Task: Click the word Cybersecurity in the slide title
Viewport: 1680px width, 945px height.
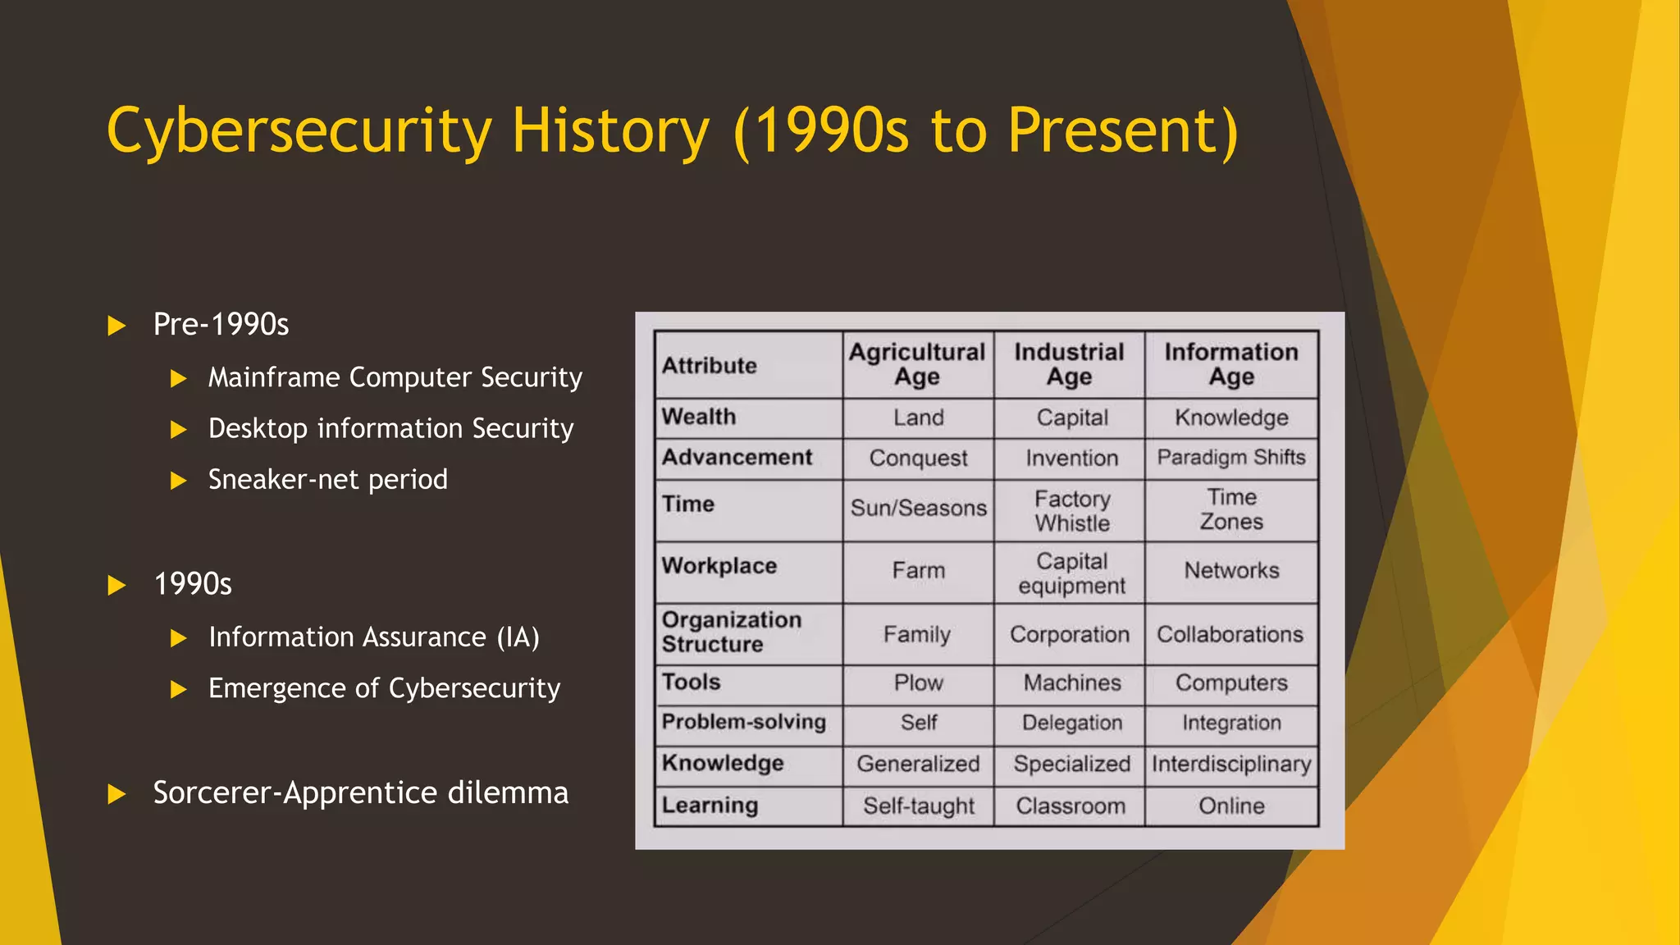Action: tap(299, 131)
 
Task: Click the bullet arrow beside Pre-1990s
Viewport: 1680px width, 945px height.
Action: tap(116, 326)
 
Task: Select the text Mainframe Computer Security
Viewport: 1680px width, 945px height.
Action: tap(395, 377)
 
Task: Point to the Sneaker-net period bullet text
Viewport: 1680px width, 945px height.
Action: tap(327, 479)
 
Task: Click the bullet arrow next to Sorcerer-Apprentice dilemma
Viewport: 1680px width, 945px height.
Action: tap(116, 794)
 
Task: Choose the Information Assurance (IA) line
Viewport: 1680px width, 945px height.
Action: tap(373, 637)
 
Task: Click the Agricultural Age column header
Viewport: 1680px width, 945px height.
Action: tap(917, 364)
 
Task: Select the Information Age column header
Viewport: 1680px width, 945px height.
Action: tap(1230, 364)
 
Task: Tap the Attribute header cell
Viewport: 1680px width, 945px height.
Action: tap(710, 366)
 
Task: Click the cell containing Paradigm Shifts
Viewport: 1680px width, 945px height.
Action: tap(1230, 458)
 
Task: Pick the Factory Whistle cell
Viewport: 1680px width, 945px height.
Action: tap(1071, 510)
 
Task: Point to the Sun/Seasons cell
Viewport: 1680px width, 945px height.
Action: tap(918, 509)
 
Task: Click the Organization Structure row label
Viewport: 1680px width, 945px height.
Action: tap(731, 632)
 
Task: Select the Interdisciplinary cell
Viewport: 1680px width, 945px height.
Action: tap(1230, 765)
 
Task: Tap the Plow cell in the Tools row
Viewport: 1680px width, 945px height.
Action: tap(918, 682)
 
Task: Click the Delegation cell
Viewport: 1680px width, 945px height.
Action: tap(1071, 723)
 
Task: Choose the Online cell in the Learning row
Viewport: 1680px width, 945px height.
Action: tap(1230, 806)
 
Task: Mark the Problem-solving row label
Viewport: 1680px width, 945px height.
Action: tap(743, 722)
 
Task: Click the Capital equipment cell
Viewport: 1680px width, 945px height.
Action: tap(1071, 573)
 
